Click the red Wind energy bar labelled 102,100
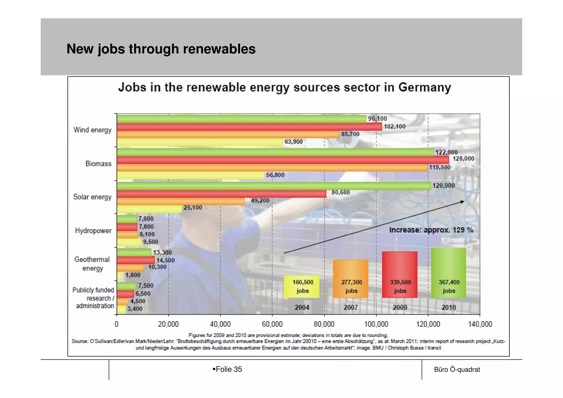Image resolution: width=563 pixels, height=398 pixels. [x=249, y=127]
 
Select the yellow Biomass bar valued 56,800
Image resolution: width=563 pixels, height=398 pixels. [x=190, y=175]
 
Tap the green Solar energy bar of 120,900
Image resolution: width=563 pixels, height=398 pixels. [x=274, y=186]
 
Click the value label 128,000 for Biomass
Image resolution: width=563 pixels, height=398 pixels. [x=463, y=159]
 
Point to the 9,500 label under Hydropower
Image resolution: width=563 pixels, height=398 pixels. [x=151, y=242]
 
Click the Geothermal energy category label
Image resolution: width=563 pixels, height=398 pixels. [x=92, y=264]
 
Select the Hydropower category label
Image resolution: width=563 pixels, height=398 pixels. [x=93, y=230]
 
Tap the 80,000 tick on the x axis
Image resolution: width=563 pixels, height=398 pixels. [x=324, y=324]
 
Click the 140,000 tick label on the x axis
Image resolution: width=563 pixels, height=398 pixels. [x=480, y=324]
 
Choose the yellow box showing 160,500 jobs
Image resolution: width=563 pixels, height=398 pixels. [x=302, y=287]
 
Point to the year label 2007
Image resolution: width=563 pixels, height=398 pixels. [x=351, y=308]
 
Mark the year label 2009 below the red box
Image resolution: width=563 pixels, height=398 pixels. [x=400, y=308]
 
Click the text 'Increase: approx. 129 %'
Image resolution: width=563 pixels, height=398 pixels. [x=431, y=230]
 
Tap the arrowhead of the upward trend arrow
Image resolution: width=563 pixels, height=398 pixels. [x=463, y=202]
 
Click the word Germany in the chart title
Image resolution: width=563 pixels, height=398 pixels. [x=424, y=87]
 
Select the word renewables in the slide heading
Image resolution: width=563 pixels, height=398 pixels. [x=219, y=49]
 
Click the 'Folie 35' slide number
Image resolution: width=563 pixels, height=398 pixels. [x=228, y=369]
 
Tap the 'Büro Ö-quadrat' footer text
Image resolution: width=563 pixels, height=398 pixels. [x=457, y=369]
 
